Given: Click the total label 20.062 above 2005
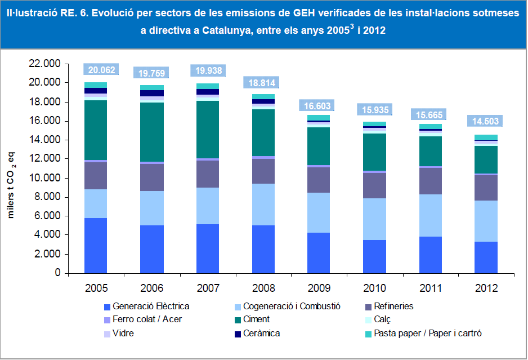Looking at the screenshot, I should [100, 70].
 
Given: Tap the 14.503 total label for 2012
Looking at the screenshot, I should [486, 122].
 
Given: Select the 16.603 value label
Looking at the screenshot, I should [318, 106].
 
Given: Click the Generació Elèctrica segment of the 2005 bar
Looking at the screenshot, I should [96, 245].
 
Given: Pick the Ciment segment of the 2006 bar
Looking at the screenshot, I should [151, 132].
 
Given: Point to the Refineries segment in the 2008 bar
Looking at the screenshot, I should [263, 171].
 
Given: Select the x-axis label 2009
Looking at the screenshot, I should [319, 288].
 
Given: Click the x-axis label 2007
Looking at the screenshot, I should [207, 288].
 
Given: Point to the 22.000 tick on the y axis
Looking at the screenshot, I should [45, 64].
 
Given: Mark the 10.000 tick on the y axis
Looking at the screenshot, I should [45, 178].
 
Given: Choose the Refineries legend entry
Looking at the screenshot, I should [393, 306].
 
